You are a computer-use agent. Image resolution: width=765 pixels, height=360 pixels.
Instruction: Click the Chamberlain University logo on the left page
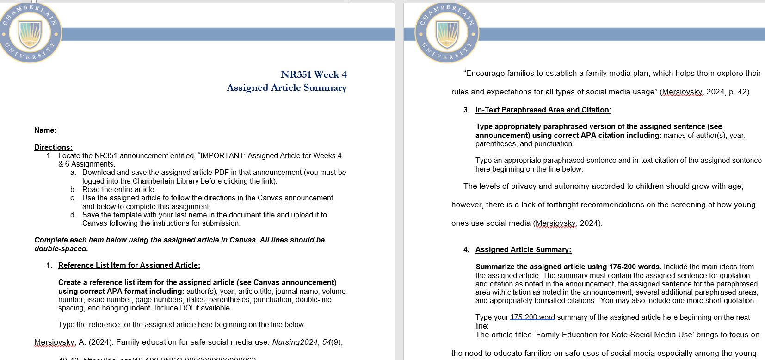pyautogui.click(x=30, y=33)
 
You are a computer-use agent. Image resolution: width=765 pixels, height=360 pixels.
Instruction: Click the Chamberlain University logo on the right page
pyautogui.click(x=447, y=33)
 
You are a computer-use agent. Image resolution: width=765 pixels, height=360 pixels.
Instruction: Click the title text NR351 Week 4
pyautogui.click(x=313, y=74)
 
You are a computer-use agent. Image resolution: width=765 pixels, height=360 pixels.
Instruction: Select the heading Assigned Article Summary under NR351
pyautogui.click(x=286, y=88)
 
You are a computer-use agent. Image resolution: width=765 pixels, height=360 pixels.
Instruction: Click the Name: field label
pyautogui.click(x=45, y=130)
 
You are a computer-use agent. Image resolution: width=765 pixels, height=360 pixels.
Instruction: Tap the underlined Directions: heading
pyautogui.click(x=53, y=147)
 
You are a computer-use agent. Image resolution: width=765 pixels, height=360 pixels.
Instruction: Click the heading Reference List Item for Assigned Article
pyautogui.click(x=129, y=266)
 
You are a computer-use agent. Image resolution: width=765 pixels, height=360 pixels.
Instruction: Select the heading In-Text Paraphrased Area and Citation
pyautogui.click(x=543, y=110)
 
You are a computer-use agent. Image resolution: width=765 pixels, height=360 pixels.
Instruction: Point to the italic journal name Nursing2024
pyautogui.click(x=295, y=342)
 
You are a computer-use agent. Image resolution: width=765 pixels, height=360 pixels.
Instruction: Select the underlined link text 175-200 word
pyautogui.click(x=532, y=317)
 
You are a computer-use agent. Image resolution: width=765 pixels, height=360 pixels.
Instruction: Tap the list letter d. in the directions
pyautogui.click(x=73, y=215)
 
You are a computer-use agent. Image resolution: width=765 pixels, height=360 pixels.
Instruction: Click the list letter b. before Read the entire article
pyautogui.click(x=73, y=190)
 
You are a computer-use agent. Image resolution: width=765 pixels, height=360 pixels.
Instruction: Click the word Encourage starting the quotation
pyautogui.click(x=484, y=74)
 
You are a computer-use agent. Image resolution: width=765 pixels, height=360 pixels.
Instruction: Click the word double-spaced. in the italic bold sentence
pyautogui.click(x=61, y=249)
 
